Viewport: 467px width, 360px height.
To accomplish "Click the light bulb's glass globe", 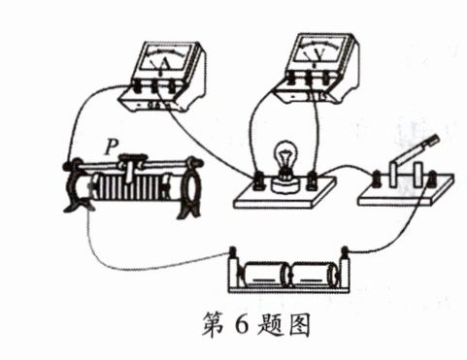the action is coord(285,153).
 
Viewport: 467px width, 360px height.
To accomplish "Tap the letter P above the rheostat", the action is coord(111,147).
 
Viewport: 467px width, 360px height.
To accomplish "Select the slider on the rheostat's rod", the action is coord(131,166).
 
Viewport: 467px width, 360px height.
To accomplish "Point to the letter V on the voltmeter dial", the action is coord(319,54).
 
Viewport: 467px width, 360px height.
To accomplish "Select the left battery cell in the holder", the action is coord(264,275).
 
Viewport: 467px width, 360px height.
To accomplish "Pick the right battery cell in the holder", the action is coord(314,275).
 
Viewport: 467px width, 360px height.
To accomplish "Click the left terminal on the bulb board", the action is coord(260,180).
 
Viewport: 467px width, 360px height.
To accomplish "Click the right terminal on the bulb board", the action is coord(312,180).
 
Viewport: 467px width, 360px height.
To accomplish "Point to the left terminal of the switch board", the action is coord(378,179).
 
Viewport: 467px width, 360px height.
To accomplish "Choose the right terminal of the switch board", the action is coord(432,179).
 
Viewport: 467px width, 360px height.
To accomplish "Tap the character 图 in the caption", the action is coord(299,325).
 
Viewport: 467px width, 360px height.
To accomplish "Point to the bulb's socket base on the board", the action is coord(285,183).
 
